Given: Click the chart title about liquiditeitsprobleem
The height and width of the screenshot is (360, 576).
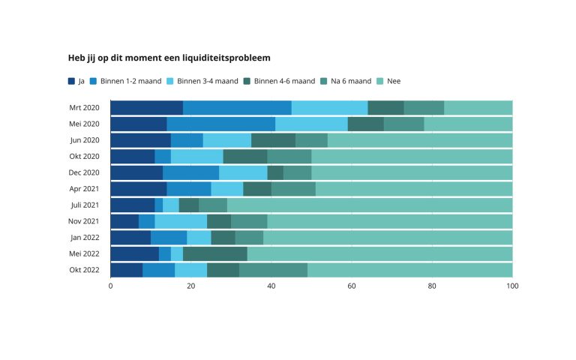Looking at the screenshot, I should click(169, 58).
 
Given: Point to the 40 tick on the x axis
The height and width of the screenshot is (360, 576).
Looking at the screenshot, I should click(271, 286).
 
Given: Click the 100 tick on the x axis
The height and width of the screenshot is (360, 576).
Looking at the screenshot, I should click(512, 286).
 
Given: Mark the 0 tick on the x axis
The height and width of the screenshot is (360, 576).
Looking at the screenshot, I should click(111, 286).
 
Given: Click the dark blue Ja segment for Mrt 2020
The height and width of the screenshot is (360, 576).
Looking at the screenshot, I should click(146, 108).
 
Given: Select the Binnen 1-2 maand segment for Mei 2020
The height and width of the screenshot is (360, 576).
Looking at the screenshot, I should click(220, 124).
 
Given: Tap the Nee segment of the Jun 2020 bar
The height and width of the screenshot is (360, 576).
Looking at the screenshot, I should click(420, 140).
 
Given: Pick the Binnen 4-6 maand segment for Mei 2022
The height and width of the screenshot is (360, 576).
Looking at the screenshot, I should click(214, 253).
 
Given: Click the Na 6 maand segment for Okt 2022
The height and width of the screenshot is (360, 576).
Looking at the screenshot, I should click(273, 270).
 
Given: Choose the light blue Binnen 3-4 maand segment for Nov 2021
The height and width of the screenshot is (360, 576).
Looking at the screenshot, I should click(181, 221).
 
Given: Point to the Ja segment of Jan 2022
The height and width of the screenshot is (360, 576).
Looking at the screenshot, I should click(130, 238).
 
